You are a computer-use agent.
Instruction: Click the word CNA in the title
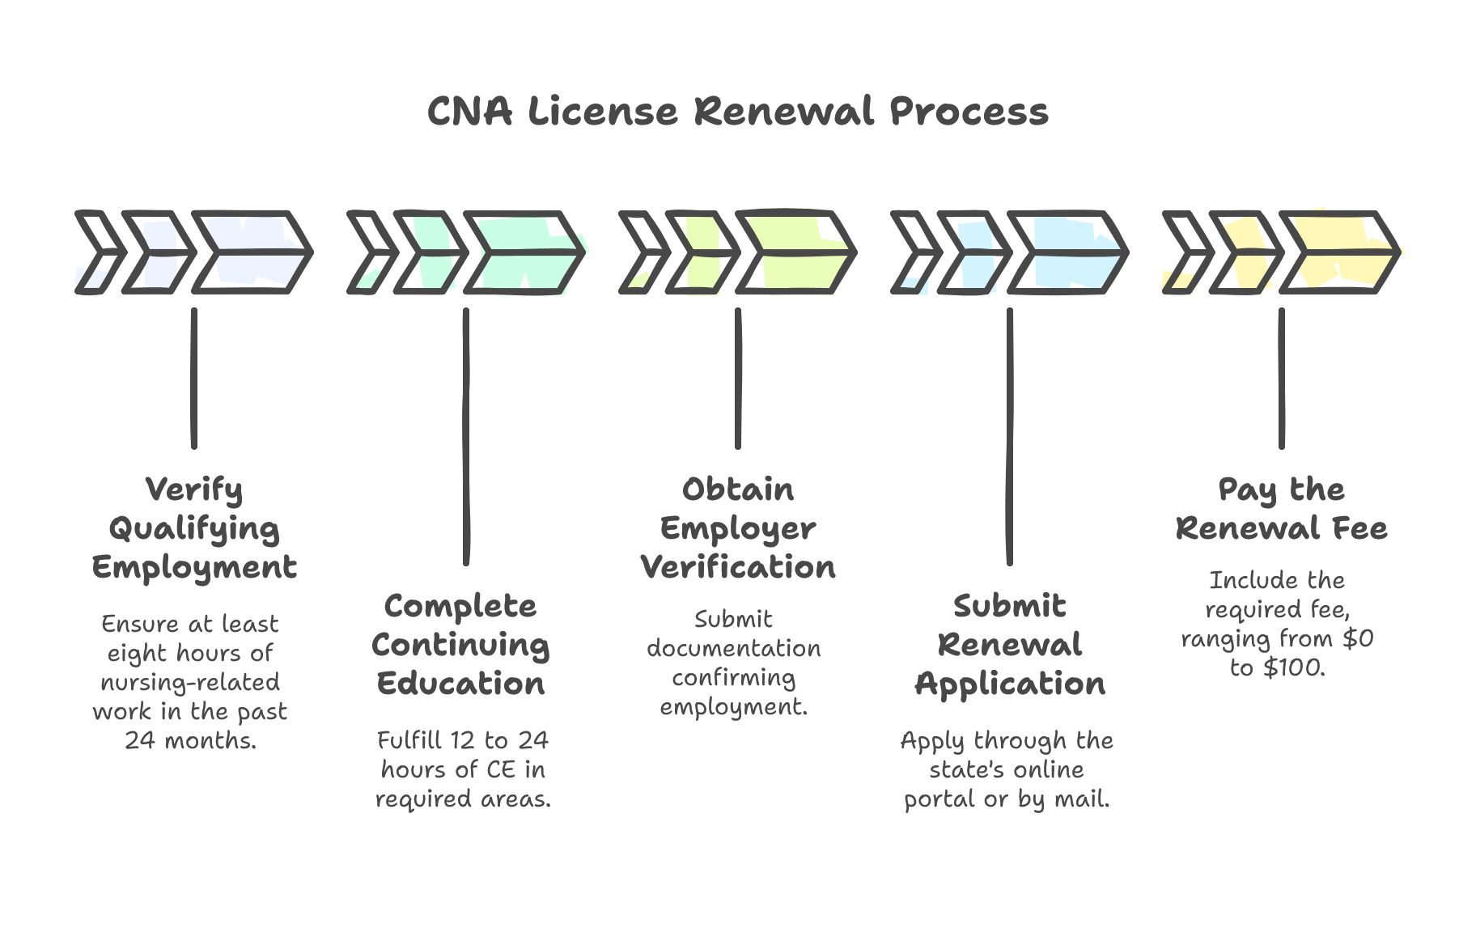pyautogui.click(x=469, y=112)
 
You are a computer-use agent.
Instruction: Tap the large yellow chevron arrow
pyautogui.click(x=1340, y=252)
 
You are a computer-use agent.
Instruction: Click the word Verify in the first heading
pyautogui.click(x=194, y=490)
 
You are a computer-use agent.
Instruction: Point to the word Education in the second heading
pyautogui.click(x=460, y=684)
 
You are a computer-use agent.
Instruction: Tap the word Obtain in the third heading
pyautogui.click(x=738, y=490)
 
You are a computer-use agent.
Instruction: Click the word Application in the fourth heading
pyautogui.click(x=1010, y=684)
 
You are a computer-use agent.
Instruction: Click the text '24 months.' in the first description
pyautogui.click(x=191, y=740)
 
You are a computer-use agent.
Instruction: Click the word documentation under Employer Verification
pyautogui.click(x=733, y=649)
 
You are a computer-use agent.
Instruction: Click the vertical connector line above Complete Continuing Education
pyautogui.click(x=466, y=437)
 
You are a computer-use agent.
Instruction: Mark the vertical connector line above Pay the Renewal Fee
pyautogui.click(x=1282, y=379)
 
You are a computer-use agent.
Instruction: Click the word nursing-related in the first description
pyautogui.click(x=190, y=683)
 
